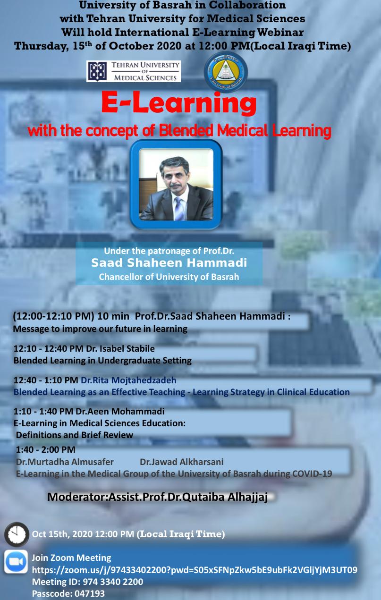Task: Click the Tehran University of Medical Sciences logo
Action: [134, 71]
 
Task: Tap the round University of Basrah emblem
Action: [226, 72]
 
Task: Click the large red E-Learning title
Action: [179, 103]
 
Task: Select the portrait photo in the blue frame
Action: [176, 185]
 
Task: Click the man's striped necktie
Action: [179, 208]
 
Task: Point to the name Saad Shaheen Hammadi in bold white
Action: [169, 263]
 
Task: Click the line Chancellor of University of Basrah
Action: [169, 277]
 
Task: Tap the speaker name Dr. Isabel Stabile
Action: [120, 348]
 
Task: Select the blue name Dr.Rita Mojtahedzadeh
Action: [128, 380]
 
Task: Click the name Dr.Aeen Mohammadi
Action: [120, 411]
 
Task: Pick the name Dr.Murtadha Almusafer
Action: [65, 462]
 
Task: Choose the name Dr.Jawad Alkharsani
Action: [182, 462]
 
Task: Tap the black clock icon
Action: [17, 534]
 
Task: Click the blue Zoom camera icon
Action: [16, 562]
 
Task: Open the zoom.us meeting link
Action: [195, 570]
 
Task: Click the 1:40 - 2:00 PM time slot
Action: [45, 449]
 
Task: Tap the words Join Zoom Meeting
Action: [72, 558]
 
